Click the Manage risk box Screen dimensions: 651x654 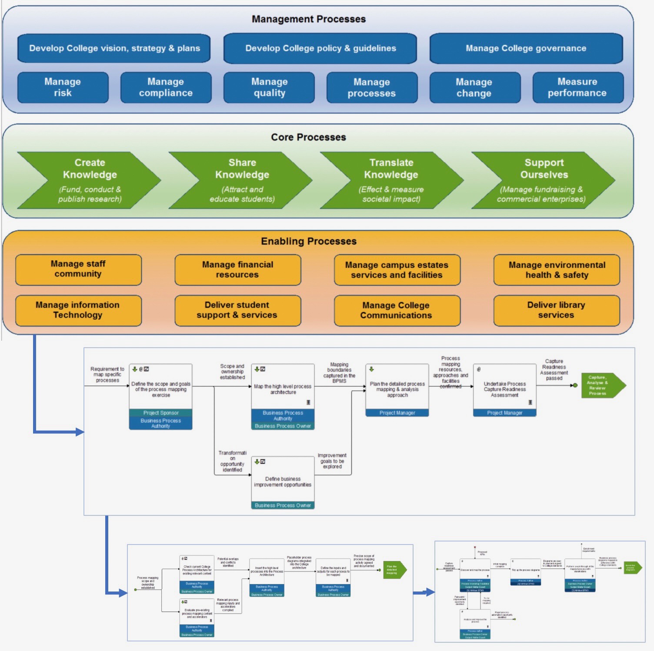pos(63,87)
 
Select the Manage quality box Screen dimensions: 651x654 pos(269,87)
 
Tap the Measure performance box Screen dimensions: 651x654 pos(577,87)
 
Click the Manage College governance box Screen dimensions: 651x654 pos(526,48)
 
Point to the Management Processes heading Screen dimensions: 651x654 pos(309,19)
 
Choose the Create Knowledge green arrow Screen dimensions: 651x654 pos(90,180)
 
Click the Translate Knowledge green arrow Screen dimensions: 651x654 pos(391,180)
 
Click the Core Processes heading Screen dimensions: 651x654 pos(309,137)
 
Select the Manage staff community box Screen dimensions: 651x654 pos(78,269)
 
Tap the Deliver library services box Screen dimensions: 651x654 pos(556,310)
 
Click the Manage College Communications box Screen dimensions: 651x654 pos(397,310)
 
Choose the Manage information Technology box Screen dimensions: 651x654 pos(78,310)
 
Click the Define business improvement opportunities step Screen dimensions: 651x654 pos(283,482)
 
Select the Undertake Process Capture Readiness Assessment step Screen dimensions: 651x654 pos(504,389)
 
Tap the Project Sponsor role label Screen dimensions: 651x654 pos(161,413)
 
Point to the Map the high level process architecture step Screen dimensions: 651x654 pos(283,389)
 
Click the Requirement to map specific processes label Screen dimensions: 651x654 pos(107,375)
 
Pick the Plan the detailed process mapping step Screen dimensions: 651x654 pos(397,389)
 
